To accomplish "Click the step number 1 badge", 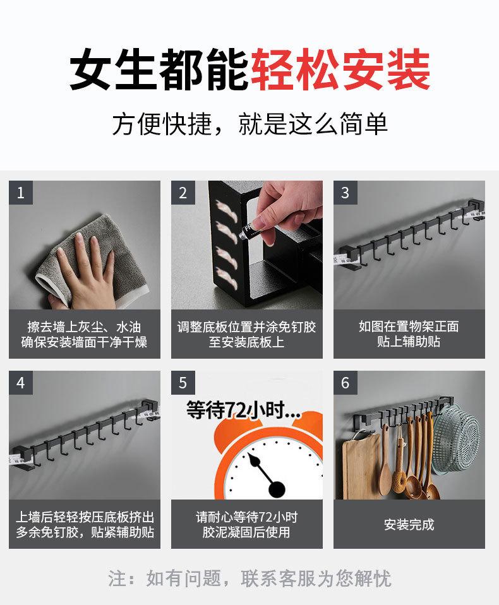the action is (21, 193).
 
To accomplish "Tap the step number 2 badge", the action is (183, 193).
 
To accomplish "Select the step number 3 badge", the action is (346, 193).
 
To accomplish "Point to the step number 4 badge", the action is (21, 383).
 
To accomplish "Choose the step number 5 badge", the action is (183, 383).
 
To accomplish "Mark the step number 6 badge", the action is (346, 383).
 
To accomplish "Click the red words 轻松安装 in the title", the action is (340, 70).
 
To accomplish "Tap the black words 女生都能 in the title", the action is (159, 70).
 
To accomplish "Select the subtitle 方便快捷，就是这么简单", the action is (249, 124).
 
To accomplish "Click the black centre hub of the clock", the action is (277, 489).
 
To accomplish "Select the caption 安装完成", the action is (409, 524).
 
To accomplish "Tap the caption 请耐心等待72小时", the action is (246, 517).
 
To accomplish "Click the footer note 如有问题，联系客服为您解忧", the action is (269, 578).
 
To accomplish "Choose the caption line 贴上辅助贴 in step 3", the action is (409, 342).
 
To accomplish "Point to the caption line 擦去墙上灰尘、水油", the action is (84, 327).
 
